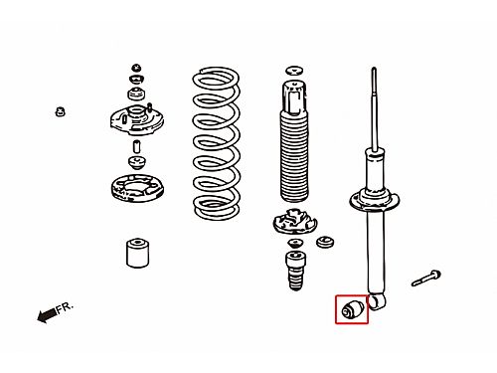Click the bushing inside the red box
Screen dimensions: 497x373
coord(353,309)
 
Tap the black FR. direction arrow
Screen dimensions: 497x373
coord(47,315)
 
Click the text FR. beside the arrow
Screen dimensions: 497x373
coord(65,307)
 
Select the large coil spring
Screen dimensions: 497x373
coord(216,143)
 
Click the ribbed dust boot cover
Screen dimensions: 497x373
coord(294,157)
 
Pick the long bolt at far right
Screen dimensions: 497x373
coord(426,279)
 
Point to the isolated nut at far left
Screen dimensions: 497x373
coord(60,111)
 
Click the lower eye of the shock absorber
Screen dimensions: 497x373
coord(377,302)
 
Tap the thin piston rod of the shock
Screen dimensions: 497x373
coord(375,108)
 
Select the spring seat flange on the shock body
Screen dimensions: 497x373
coord(375,200)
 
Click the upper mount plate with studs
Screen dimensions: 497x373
coord(137,118)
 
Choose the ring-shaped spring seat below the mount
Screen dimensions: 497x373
coord(137,188)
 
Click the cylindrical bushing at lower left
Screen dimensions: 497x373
coord(137,253)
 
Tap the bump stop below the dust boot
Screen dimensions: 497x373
coord(295,271)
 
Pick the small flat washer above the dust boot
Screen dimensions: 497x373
coord(294,71)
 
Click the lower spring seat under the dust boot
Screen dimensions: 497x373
coord(294,222)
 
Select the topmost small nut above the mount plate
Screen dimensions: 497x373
coord(136,68)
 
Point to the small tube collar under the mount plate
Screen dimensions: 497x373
coord(136,146)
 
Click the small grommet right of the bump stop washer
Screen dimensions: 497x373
coord(325,243)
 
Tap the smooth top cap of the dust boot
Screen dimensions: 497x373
coord(294,96)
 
